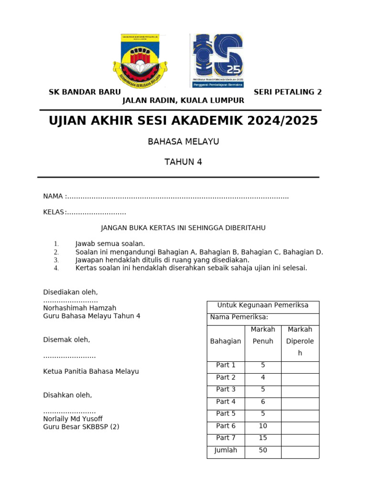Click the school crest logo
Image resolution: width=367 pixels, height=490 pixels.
tap(140, 60)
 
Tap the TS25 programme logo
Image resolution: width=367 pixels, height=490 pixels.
tap(217, 60)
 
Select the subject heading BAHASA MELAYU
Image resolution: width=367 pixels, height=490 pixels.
tap(183, 142)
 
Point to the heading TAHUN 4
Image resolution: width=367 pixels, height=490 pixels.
tap(183, 162)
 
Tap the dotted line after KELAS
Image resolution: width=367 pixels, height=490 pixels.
tap(96, 212)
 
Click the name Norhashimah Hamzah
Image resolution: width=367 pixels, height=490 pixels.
tap(80, 308)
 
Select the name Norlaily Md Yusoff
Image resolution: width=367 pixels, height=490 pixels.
tap(73, 419)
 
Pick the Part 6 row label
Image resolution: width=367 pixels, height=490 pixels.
tap(226, 426)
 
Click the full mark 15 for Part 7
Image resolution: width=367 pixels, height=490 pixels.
tap(263, 438)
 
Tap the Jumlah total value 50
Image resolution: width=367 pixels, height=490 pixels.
tap(263, 450)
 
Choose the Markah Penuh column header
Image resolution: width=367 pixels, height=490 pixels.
tap(263, 335)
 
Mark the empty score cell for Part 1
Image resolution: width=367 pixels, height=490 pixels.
tap(300, 366)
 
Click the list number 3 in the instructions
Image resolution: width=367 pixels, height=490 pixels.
tap(56, 260)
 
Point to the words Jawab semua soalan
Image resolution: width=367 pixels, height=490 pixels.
tap(110, 244)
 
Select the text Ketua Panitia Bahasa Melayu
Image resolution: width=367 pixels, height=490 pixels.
tap(91, 371)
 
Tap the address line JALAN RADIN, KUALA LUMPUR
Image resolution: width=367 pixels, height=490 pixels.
tap(183, 100)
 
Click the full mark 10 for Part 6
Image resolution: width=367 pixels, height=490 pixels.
tap(263, 426)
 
